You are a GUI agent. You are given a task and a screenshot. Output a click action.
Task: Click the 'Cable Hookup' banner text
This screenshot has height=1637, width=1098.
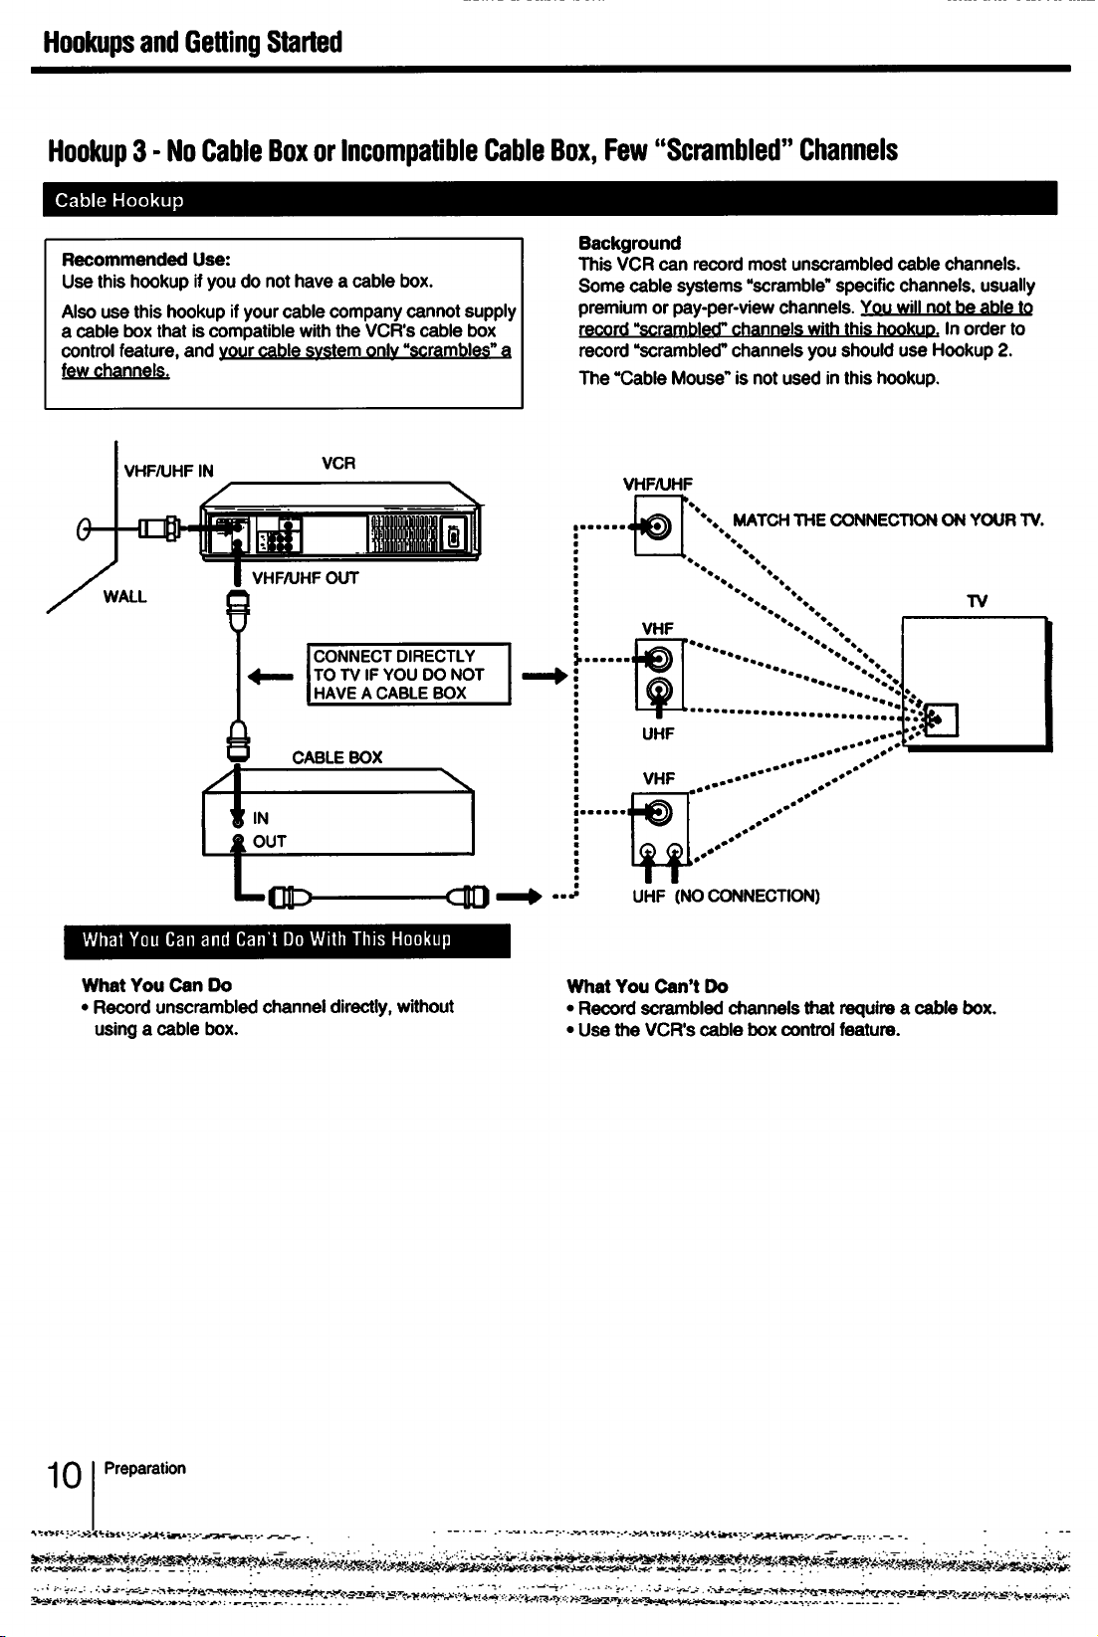point(119,200)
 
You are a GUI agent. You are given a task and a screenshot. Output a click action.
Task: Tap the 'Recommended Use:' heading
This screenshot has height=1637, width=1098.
point(146,260)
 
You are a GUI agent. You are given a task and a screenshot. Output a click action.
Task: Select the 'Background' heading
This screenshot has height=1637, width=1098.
point(629,244)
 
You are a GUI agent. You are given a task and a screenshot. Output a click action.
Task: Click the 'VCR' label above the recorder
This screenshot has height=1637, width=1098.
point(338,464)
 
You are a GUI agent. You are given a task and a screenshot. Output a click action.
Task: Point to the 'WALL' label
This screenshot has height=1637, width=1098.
point(125,596)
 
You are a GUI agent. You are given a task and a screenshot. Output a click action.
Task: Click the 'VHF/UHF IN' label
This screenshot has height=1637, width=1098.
point(169,472)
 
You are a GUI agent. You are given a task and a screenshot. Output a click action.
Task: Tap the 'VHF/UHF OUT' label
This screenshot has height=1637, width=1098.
point(305,578)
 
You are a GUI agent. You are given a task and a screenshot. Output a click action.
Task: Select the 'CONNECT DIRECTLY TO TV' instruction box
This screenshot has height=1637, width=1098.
point(409,674)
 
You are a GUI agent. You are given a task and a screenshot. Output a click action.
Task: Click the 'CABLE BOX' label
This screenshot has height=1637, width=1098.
point(337,758)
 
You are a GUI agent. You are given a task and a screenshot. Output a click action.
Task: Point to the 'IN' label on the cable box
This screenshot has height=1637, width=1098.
point(260,818)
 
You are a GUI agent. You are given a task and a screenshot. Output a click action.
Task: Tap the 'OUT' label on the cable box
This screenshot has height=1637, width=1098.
point(269,842)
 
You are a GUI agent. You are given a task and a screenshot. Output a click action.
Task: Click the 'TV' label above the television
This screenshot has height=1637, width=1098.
point(978,601)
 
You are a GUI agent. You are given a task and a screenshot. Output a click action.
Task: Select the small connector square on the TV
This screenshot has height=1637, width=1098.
point(942,720)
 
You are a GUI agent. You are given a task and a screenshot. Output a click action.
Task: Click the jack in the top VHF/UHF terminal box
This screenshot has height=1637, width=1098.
point(658,526)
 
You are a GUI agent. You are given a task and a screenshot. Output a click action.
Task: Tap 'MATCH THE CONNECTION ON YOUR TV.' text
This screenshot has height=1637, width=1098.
point(888,520)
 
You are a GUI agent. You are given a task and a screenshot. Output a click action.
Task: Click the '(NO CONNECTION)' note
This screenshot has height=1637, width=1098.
point(748,896)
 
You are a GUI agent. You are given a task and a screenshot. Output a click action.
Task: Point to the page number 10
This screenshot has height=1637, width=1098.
point(65,1476)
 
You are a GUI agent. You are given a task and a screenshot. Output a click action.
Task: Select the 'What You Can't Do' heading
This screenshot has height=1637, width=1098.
point(648,986)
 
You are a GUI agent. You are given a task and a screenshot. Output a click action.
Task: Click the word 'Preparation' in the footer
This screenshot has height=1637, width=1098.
point(144,1468)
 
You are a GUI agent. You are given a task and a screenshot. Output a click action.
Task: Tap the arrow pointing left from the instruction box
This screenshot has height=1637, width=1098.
point(271,677)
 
